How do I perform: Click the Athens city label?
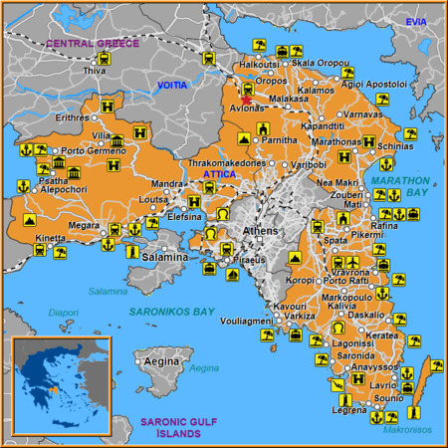coord(262,230)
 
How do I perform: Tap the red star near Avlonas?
coord(247,100)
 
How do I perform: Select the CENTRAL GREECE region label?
coord(93,44)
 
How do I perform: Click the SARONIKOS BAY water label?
coord(171,312)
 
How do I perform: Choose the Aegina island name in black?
coord(161,362)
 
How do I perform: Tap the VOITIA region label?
coord(172,86)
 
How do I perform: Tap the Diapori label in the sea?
coord(63,312)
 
